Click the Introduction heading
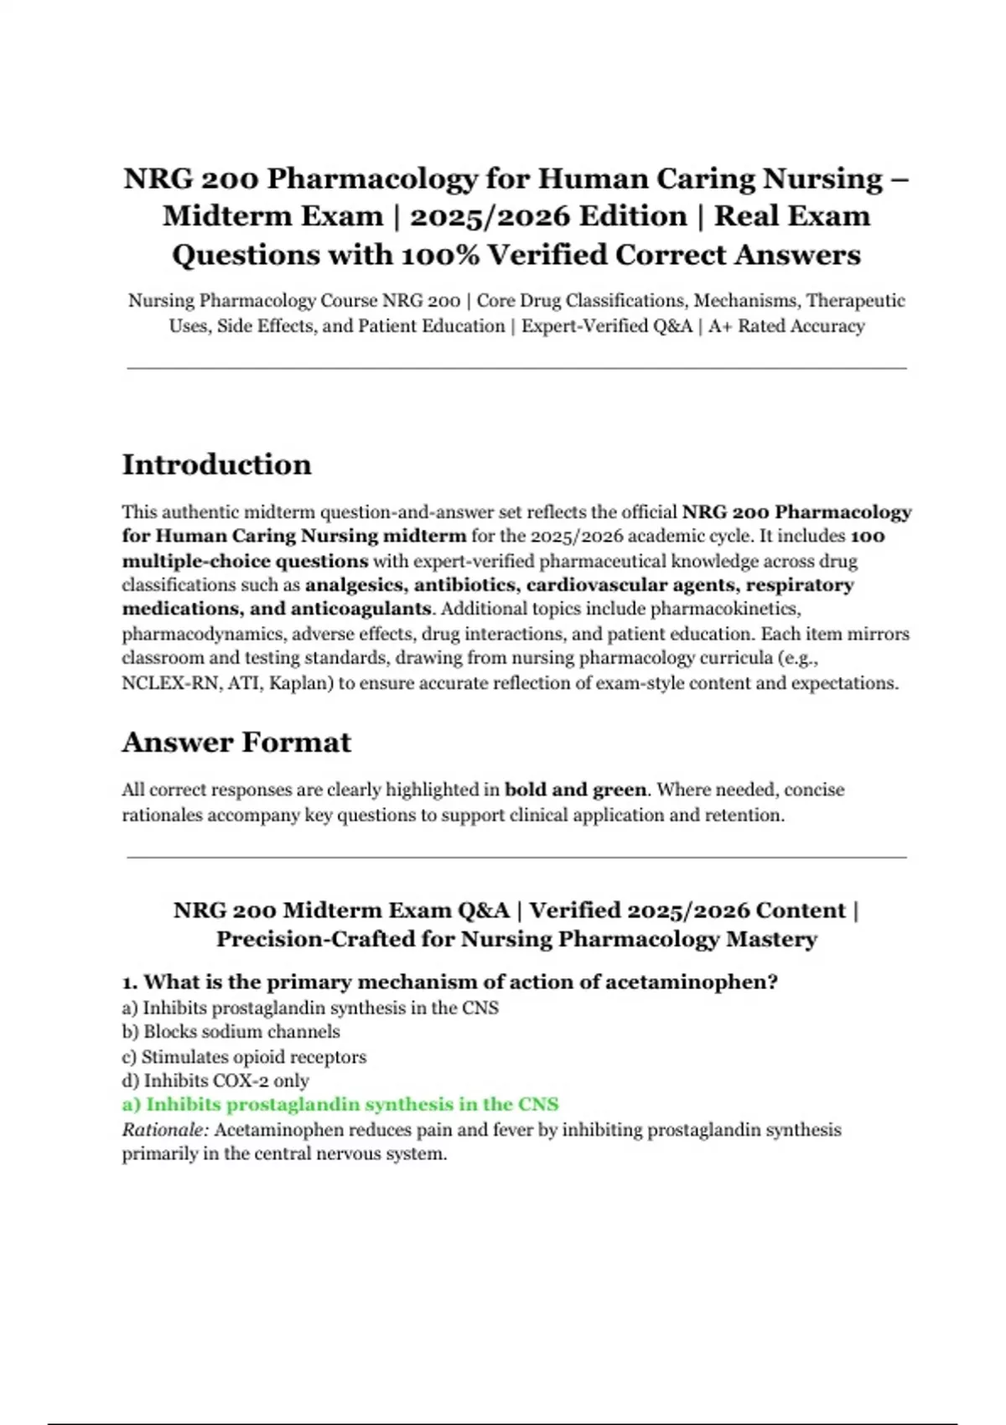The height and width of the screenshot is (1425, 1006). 216,464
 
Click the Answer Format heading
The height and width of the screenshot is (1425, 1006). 236,742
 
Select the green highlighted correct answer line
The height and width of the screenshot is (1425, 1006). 340,1104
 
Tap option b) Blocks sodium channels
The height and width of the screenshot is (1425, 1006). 231,1032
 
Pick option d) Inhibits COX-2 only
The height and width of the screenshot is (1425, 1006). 215,1080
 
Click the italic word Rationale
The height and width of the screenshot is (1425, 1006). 164,1129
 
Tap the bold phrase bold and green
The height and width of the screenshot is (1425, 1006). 575,790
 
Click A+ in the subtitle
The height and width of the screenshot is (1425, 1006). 720,326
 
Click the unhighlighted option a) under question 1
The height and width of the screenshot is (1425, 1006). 310,1008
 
